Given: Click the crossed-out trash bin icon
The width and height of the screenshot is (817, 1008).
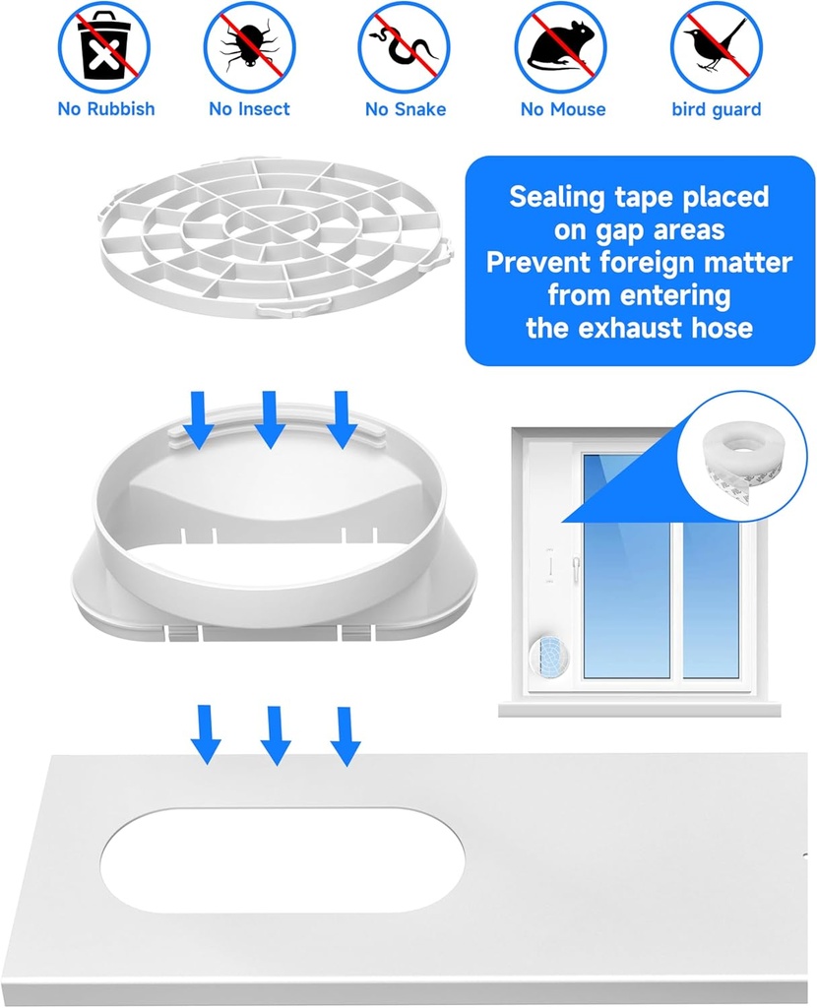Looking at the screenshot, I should coord(103,46).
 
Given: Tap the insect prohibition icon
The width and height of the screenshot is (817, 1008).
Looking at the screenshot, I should coord(250,46).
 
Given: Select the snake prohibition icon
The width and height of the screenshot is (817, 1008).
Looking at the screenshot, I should coord(404,46).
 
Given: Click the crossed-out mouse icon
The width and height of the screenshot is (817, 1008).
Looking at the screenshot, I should coord(560,46).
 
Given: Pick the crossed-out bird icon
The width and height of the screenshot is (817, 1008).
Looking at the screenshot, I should coord(717,46).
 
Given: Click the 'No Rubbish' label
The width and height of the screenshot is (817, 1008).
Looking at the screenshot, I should coord(106,109).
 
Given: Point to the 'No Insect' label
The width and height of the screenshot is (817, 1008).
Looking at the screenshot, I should coord(250,109).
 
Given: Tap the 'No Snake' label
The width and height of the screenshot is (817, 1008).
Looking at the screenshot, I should coord(406,109).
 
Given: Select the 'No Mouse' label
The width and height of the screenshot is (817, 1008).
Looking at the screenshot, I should coord(563,109).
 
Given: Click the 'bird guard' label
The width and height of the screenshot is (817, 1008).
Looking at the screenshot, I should coord(717,109).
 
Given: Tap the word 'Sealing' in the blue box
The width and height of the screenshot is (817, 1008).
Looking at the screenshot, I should coord(556,197).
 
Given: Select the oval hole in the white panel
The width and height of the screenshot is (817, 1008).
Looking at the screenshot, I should coord(282,858).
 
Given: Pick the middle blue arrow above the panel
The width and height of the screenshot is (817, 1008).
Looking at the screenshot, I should coord(276,736).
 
